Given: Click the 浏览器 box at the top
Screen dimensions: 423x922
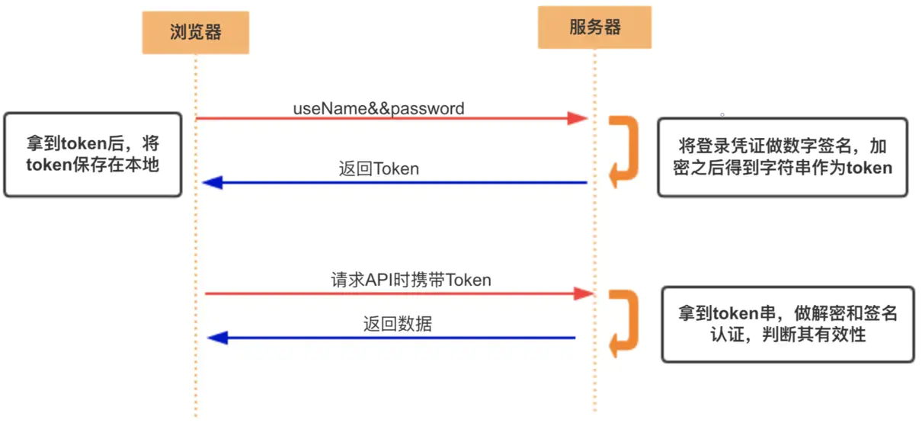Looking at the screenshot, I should tap(195, 32).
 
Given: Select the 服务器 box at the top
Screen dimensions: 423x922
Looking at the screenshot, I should tap(594, 27).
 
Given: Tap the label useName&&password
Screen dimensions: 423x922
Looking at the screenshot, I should tap(379, 108).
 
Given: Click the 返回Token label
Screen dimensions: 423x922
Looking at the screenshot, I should tap(379, 168).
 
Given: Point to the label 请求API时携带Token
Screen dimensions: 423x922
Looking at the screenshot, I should tap(411, 280).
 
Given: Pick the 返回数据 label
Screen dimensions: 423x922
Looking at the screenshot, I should tap(397, 324).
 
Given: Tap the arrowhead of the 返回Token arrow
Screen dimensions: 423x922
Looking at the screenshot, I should tap(212, 183).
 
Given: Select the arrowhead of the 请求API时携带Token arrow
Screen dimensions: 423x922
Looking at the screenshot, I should tap(583, 293).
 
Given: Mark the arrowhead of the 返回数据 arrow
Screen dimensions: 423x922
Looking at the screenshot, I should tap(218, 337).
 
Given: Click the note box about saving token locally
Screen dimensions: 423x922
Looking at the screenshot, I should tap(92, 155).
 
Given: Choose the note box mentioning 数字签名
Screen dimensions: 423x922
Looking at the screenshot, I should tap(783, 158).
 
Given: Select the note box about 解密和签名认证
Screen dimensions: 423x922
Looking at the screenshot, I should tap(787, 324).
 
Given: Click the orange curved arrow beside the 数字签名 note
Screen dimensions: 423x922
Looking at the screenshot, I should tap(624, 151).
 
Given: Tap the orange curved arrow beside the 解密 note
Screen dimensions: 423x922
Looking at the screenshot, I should tap(625, 323).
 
